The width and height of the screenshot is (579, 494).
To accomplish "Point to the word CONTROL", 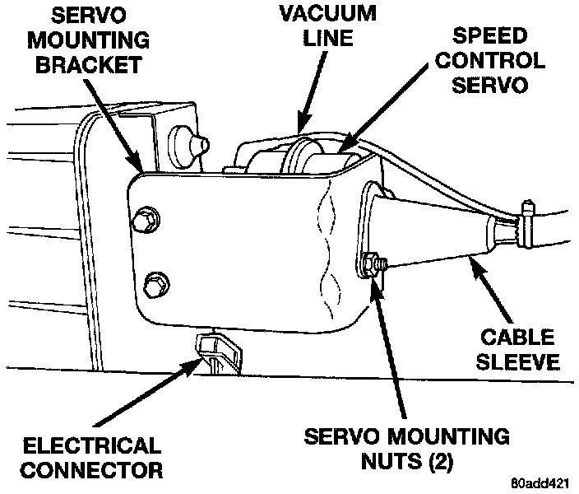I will tap(493, 61).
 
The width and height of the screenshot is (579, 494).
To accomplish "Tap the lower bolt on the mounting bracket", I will tap(151, 286).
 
